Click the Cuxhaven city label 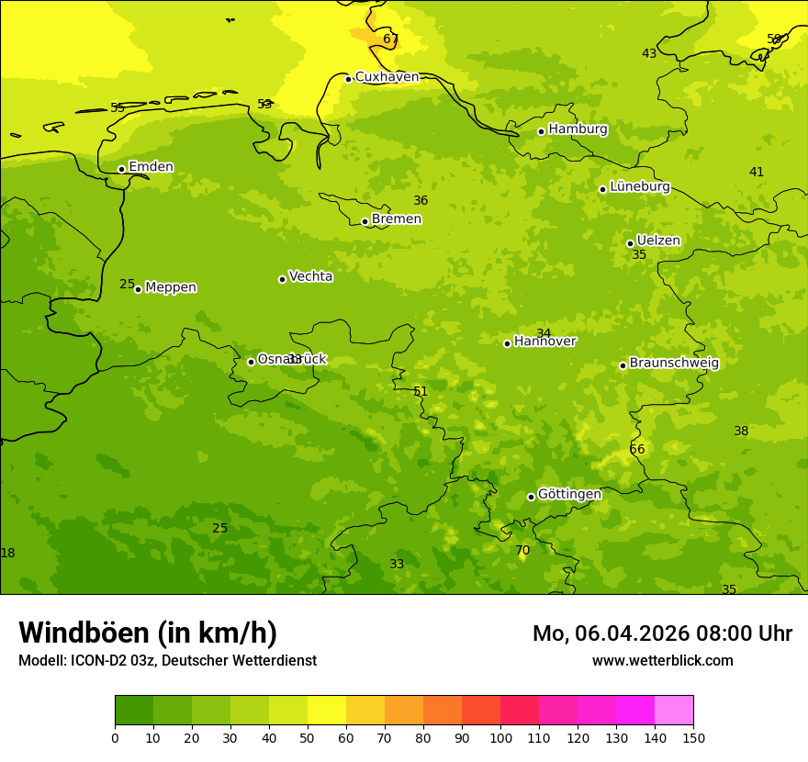tap(387, 77)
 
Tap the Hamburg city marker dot tap(542, 131)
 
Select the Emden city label tap(151, 167)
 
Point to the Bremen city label tap(396, 219)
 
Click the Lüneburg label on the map tap(639, 186)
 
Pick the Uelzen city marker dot tap(630, 243)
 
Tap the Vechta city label tap(310, 276)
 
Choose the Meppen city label tap(171, 287)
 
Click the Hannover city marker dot tap(507, 343)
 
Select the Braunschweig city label tap(674, 364)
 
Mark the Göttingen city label tap(569, 495)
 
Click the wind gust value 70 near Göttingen tap(522, 551)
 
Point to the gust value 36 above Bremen tap(421, 201)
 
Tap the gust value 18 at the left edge tap(8, 554)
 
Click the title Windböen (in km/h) tap(148, 633)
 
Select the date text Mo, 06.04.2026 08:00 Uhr tap(662, 633)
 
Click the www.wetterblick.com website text tap(662, 661)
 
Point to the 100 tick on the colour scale tap(500, 737)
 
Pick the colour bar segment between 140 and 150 tap(674, 711)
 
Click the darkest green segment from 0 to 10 tap(134, 711)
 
